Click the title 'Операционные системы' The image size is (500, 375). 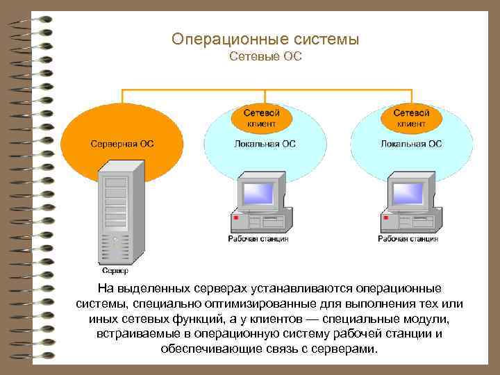[265, 40]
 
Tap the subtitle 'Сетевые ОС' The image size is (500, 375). [265, 56]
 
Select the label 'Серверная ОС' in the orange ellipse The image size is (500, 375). [123, 144]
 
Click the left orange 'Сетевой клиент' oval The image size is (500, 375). [262, 117]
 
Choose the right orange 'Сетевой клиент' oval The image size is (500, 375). [411, 117]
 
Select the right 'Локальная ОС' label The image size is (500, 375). [411, 144]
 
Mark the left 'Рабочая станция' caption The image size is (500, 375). [258, 239]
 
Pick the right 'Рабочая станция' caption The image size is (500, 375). [408, 239]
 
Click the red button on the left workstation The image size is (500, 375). [236, 219]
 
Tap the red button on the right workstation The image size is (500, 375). [385, 219]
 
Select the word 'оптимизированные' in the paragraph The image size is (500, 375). [247, 304]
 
